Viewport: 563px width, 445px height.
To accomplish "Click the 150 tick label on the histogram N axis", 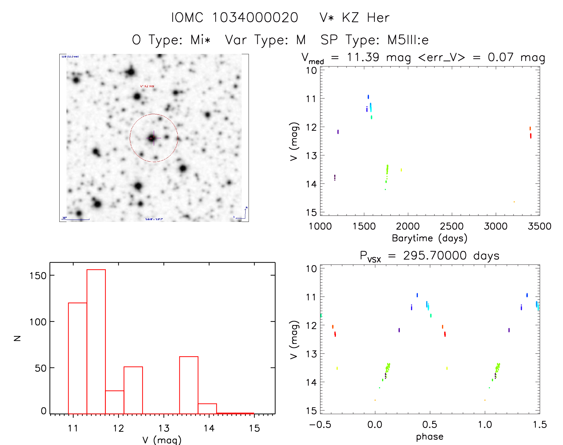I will pyautogui.click(x=38, y=276).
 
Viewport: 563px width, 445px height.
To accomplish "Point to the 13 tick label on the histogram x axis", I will pyautogui.click(x=164, y=428).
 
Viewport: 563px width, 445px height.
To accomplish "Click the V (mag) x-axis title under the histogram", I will pyautogui.click(x=162, y=440).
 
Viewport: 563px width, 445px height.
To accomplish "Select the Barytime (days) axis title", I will pyautogui.click(x=429, y=238).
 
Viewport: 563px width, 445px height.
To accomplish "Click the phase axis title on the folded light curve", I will pyautogui.click(x=429, y=437).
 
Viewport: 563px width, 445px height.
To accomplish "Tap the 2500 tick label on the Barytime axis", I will pyautogui.click(x=452, y=226).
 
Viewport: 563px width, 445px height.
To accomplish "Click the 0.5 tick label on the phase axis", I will pyautogui.click(x=429, y=425).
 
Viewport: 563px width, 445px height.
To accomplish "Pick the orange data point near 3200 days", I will pyautogui.click(x=514, y=202).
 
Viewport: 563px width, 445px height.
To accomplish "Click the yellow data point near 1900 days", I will pyautogui.click(x=401, y=170).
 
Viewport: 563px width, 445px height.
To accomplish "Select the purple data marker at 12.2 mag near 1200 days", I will pyautogui.click(x=338, y=132).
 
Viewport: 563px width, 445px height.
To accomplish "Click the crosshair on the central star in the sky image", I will pyautogui.click(x=154, y=138).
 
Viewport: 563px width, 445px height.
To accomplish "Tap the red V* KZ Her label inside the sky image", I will pyautogui.click(x=147, y=86).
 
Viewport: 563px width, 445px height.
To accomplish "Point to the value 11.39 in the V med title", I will pyautogui.click(x=363, y=57).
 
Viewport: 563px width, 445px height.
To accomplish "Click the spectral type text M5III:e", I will pyautogui.click(x=408, y=40).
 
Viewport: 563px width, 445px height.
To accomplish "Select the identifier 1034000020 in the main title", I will pyautogui.click(x=255, y=18).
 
